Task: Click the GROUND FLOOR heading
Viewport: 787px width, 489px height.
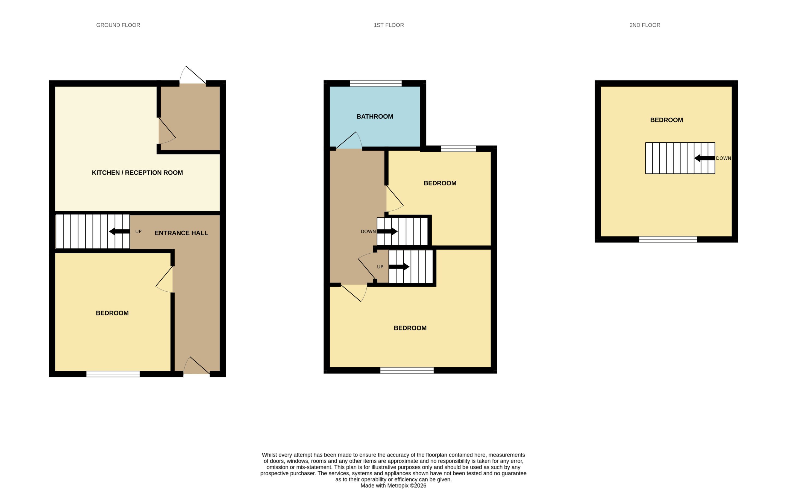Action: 118,25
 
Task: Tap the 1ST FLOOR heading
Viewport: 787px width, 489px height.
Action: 389,25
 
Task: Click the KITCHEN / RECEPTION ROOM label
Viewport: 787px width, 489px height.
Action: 137,173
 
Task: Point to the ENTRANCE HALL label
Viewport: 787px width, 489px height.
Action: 181,233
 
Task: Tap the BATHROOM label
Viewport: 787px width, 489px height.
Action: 375,116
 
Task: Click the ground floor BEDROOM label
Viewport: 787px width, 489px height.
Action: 112,313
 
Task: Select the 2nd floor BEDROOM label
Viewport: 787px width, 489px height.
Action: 666,120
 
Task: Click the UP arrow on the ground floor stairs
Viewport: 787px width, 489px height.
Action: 119,232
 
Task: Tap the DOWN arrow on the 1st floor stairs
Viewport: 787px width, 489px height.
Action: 387,232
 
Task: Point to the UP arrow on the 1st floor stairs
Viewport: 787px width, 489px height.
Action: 399,267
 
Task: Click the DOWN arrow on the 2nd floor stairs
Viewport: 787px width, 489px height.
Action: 704,158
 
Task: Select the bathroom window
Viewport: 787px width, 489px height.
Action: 376,83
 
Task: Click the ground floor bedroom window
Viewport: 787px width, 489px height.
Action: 113,374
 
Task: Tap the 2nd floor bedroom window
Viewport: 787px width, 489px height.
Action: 668,240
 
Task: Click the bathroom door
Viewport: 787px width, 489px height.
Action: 349,140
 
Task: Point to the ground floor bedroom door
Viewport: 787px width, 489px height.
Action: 164,280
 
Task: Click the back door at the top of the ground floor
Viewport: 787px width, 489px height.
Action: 193,75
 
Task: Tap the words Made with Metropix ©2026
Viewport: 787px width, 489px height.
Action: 393,486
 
